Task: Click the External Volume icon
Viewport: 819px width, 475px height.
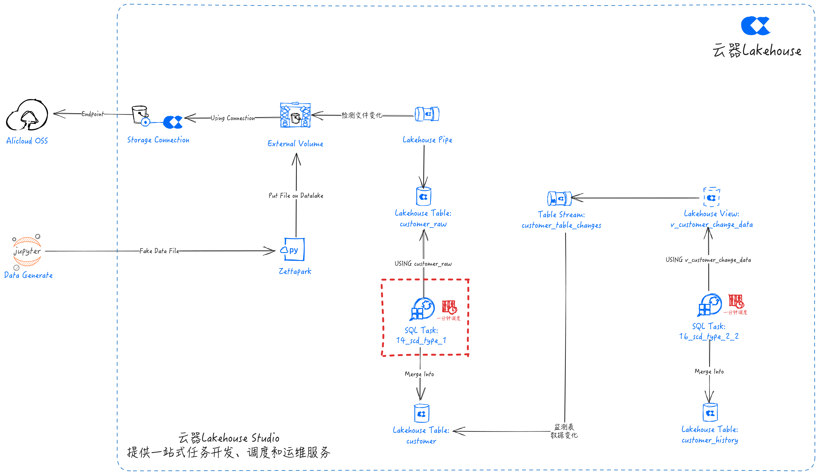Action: tap(295, 115)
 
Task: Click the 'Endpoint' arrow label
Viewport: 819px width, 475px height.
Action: tap(93, 114)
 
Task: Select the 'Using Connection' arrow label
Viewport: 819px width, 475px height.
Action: tap(233, 118)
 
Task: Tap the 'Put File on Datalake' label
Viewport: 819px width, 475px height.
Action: tap(296, 195)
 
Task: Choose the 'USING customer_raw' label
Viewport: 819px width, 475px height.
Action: tap(423, 264)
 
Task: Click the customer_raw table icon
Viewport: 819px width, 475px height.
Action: tap(424, 196)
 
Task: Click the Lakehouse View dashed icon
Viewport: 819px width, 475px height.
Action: tap(711, 197)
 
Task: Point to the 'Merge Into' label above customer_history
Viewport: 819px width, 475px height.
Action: tap(709, 371)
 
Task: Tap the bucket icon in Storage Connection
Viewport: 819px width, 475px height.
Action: tap(140, 114)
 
